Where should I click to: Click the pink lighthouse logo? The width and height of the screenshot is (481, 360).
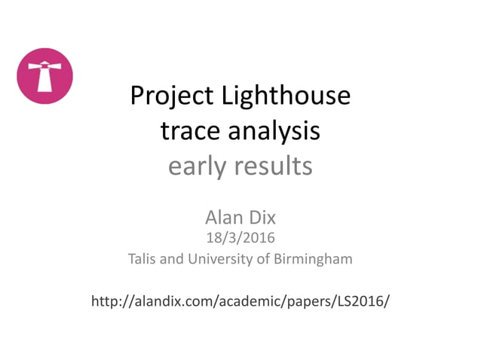click(44, 75)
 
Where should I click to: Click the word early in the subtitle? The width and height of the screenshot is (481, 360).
click(198, 166)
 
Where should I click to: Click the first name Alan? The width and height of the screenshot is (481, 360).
click(224, 218)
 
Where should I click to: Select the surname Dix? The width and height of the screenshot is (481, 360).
click(262, 218)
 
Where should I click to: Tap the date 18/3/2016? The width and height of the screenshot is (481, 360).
click(240, 238)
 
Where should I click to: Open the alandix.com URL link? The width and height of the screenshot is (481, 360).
click(240, 302)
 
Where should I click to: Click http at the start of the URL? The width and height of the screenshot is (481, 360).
click(104, 302)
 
